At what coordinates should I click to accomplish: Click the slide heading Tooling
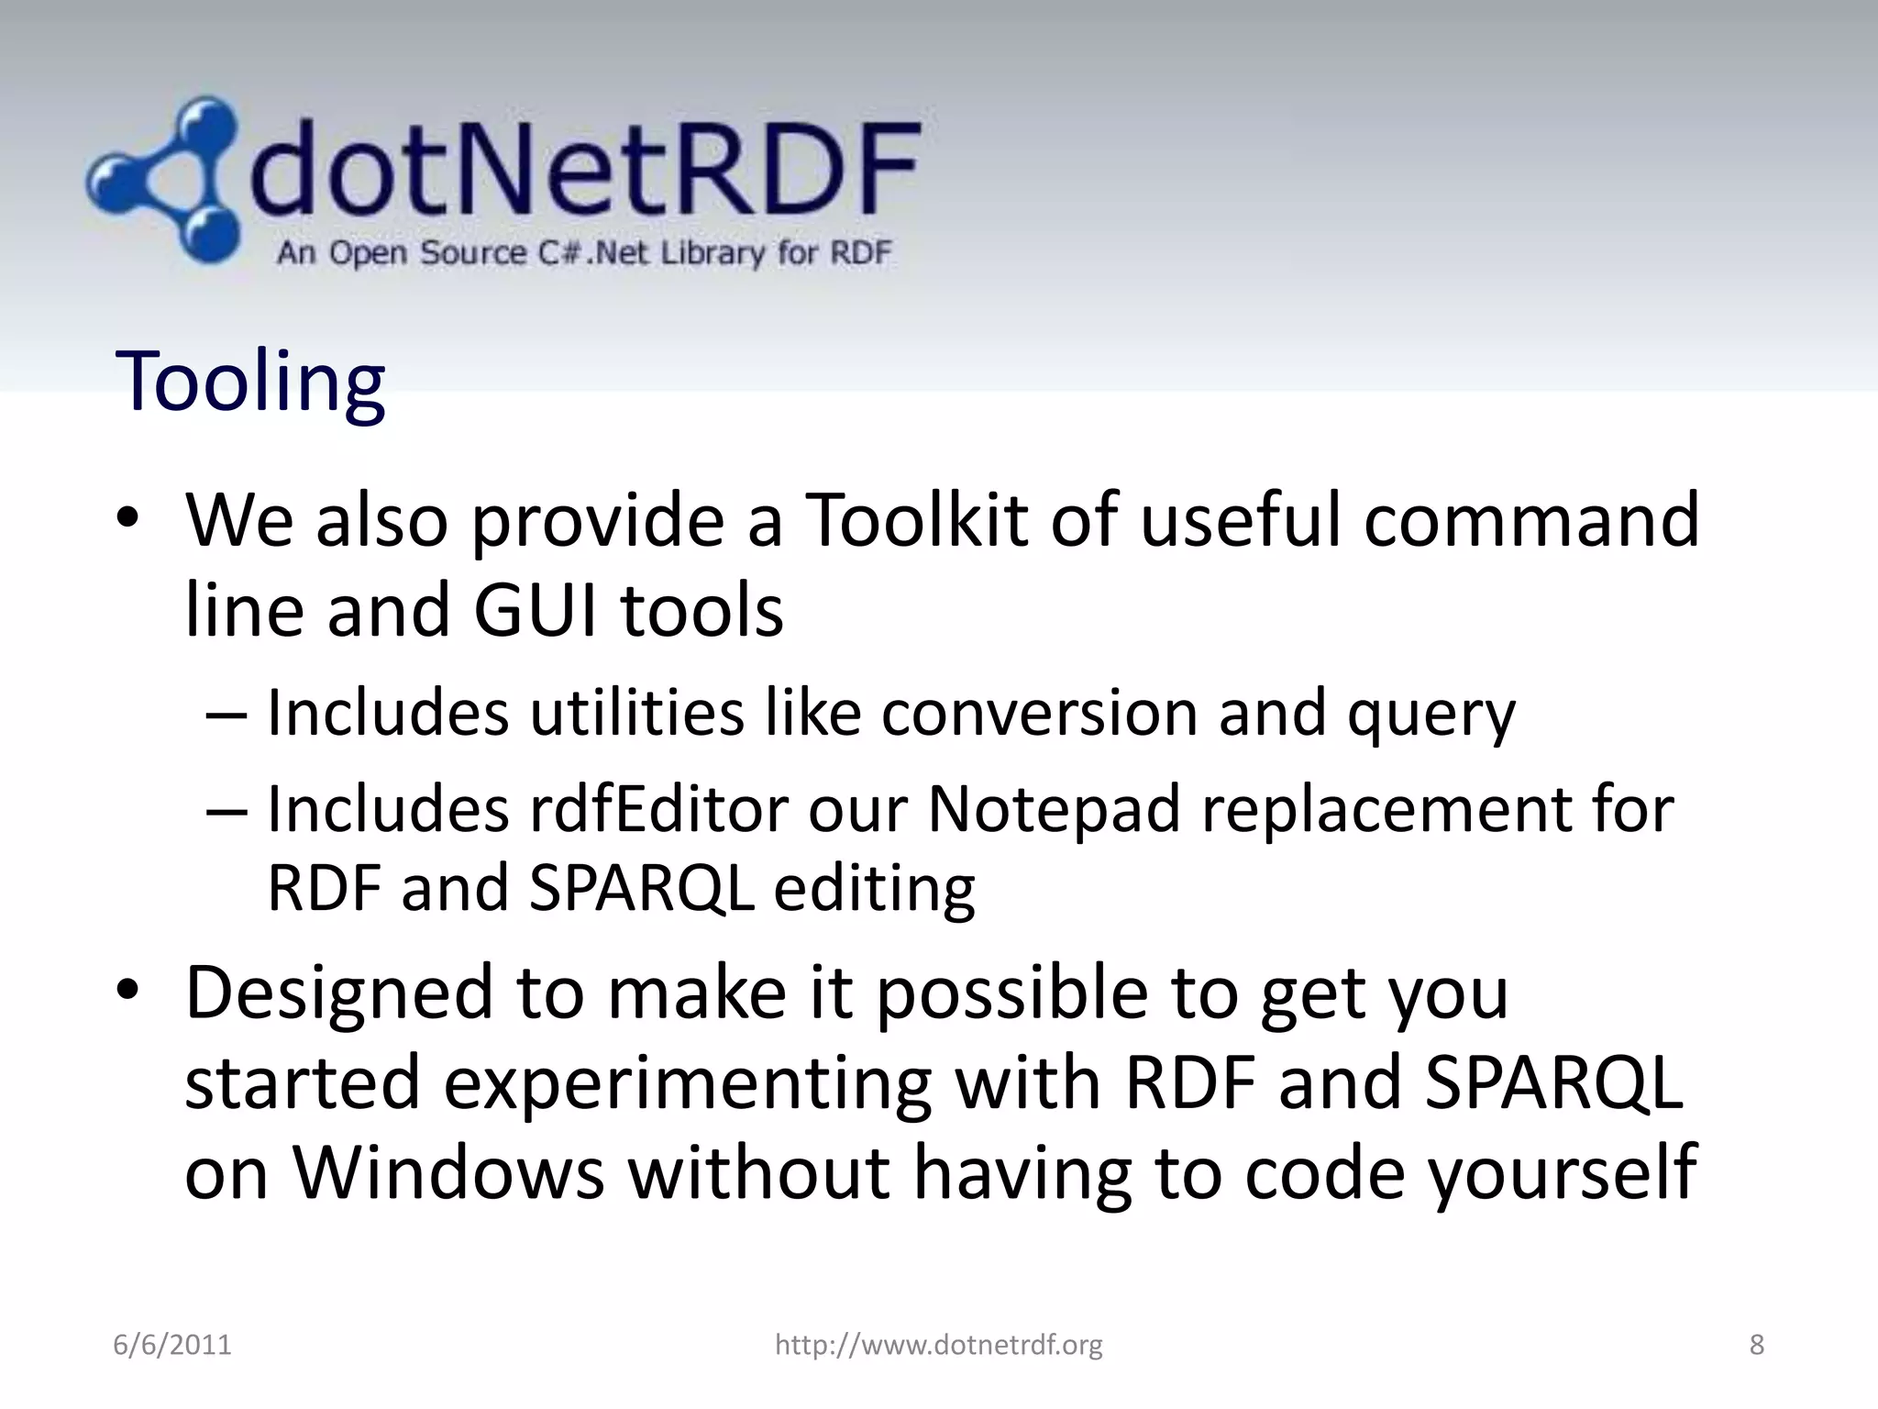(x=249, y=382)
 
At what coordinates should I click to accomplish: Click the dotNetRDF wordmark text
(x=583, y=173)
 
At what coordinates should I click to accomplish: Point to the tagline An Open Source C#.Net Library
(x=583, y=252)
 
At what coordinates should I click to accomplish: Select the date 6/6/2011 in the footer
(x=172, y=1345)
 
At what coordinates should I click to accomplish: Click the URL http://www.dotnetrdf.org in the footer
(x=938, y=1345)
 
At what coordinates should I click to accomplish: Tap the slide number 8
(x=1756, y=1345)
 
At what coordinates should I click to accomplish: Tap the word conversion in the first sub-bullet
(x=1040, y=713)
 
